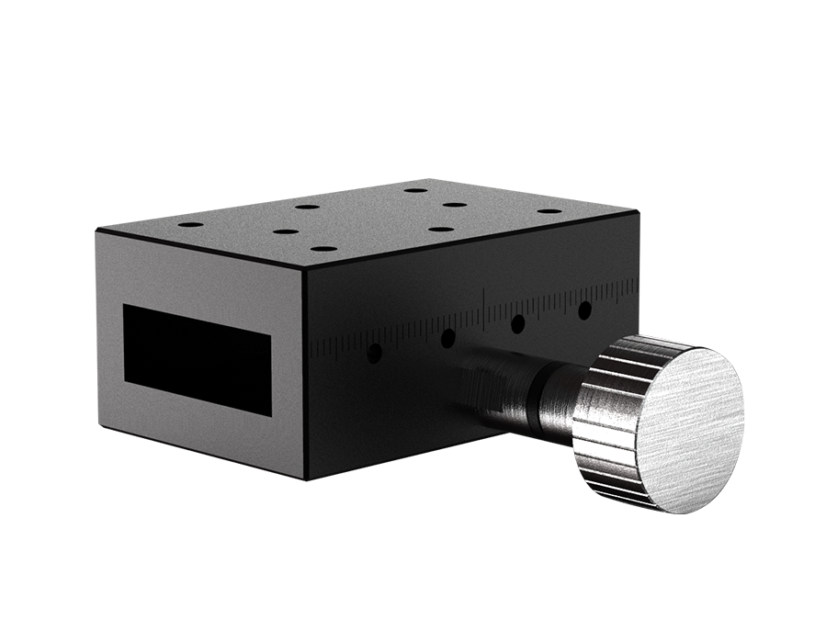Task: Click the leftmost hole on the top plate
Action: pyautogui.click(x=190, y=225)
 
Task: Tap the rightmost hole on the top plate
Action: pyautogui.click(x=549, y=210)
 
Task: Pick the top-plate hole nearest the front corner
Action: pyautogui.click(x=322, y=248)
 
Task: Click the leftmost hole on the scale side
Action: pyautogui.click(x=374, y=353)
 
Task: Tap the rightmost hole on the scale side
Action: pyautogui.click(x=584, y=310)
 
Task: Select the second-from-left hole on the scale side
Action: pyautogui.click(x=447, y=338)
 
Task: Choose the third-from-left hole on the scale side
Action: pyautogui.click(x=518, y=323)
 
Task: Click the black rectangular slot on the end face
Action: pyautogui.click(x=197, y=359)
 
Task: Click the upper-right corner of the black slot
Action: pyautogui.click(x=271, y=333)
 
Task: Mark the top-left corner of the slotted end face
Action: pyautogui.click(x=96, y=231)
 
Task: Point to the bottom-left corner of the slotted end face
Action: pyautogui.click(x=97, y=426)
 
